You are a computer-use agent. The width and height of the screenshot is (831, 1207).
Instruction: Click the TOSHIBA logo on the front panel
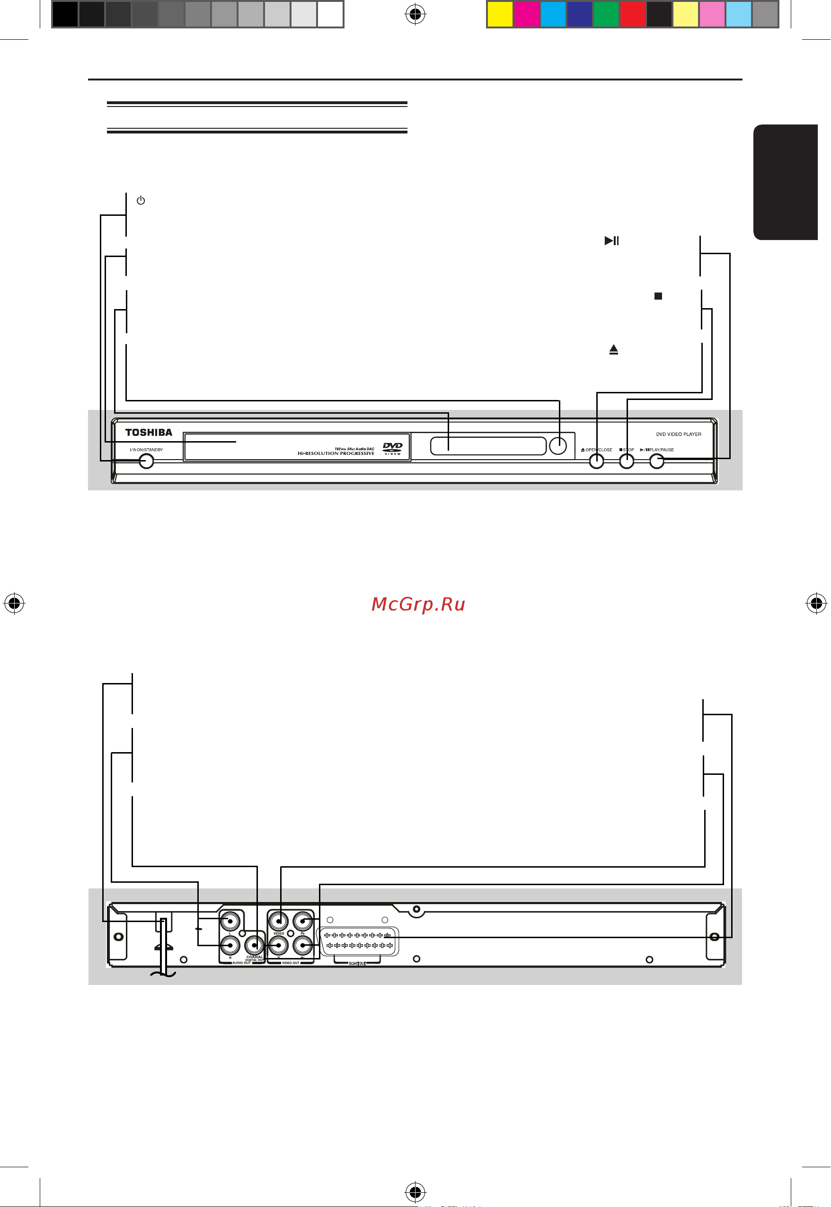[x=149, y=433]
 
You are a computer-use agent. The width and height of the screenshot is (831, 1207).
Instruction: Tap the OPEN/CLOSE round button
[x=596, y=461]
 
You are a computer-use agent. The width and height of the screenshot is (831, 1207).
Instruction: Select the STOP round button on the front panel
[x=627, y=461]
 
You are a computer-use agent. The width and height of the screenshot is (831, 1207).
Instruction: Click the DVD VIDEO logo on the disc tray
[x=392, y=448]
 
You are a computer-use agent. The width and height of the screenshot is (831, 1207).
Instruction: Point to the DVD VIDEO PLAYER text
[x=679, y=434]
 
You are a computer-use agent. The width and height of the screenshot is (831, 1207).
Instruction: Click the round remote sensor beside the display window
[x=557, y=446]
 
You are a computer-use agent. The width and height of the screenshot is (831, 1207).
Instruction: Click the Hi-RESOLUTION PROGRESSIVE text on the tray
[x=336, y=453]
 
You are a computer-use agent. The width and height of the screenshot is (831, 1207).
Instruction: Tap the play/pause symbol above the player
[x=611, y=240]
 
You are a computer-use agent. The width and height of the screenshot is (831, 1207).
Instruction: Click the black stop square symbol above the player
[x=658, y=296]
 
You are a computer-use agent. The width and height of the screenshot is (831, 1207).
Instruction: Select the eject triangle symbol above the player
[x=613, y=349]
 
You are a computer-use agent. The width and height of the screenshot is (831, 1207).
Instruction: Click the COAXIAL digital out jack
[x=254, y=945]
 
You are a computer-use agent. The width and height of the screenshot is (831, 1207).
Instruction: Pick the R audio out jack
[x=230, y=945]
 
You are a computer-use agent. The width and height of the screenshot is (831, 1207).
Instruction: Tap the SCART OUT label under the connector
[x=357, y=963]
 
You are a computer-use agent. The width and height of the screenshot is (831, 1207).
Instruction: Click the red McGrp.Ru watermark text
[x=418, y=604]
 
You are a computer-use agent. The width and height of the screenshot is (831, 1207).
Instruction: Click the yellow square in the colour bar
[x=500, y=15]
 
